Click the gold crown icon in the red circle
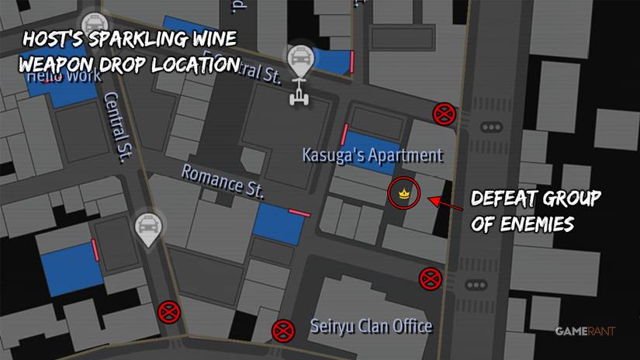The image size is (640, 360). tap(403, 193)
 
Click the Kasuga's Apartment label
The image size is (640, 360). tap(372, 155)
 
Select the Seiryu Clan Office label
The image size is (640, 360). tap(371, 326)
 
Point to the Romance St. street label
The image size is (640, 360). tap(223, 182)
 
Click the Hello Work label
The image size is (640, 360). tap(62, 77)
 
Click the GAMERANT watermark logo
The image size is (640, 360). tap(585, 332)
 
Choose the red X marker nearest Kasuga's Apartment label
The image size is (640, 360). tap(444, 115)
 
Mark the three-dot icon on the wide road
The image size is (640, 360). tap(491, 127)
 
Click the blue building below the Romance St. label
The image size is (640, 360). tap(279, 223)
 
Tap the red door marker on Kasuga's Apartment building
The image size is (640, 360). tap(344, 133)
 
